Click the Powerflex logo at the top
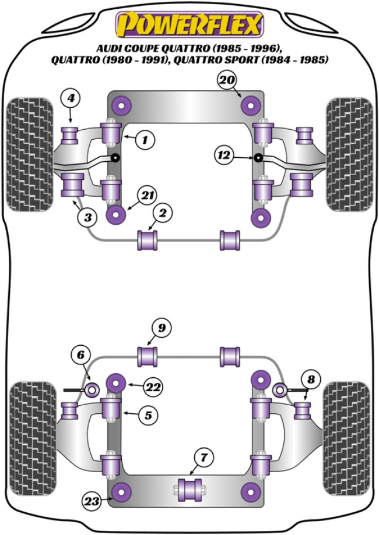point(189,25)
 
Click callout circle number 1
point(145,139)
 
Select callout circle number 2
point(163,214)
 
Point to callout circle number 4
point(70,99)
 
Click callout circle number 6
point(82,355)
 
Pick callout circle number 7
point(203,458)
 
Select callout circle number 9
point(162,328)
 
